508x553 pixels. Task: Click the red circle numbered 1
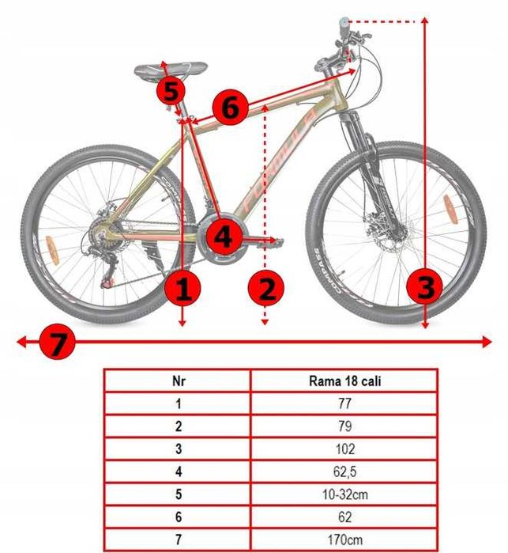click(183, 289)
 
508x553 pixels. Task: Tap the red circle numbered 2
click(266, 289)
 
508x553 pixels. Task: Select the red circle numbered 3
click(425, 286)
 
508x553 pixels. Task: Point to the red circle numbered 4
click(224, 235)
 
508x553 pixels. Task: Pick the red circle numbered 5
click(171, 90)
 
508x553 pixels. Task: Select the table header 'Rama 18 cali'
click(344, 381)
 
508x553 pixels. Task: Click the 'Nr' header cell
click(178, 381)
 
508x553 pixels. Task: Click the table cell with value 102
click(344, 449)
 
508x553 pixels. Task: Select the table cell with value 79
click(344, 426)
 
